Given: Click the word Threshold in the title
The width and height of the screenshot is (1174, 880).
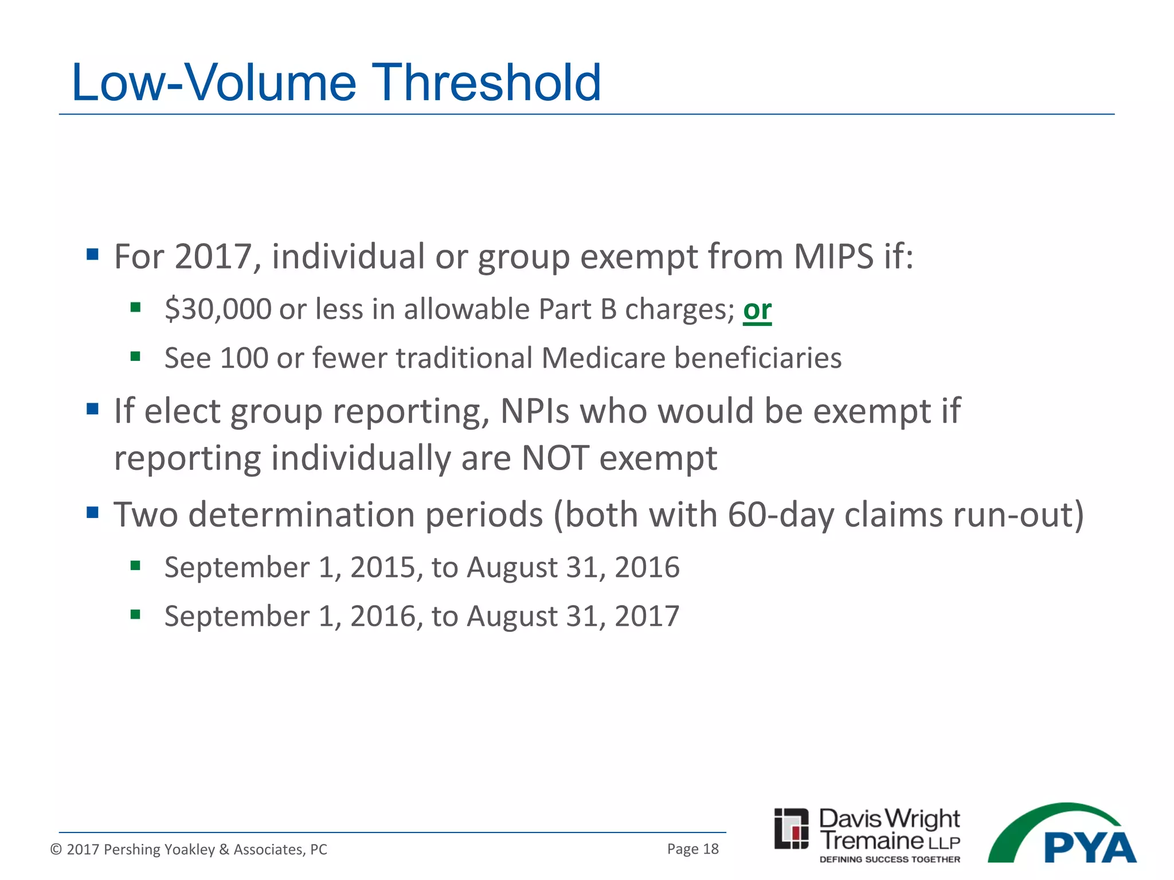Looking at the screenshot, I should [487, 84].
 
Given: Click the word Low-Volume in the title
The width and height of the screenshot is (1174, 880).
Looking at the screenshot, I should [213, 84].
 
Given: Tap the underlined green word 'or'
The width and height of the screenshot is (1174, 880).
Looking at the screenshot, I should [757, 310].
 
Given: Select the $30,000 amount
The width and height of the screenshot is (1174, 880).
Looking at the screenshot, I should [218, 309].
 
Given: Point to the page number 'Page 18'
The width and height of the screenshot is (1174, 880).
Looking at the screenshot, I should [692, 849].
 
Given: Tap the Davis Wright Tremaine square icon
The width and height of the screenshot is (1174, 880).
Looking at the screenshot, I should [791, 828].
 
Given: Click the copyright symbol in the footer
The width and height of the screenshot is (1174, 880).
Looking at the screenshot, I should [56, 849].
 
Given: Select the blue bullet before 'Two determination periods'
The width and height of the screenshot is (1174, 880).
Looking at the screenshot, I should [92, 512].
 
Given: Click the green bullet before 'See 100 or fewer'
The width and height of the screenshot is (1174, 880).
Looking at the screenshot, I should [135, 357].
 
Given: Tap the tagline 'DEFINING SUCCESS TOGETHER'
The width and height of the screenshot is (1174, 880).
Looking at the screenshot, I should [890, 859].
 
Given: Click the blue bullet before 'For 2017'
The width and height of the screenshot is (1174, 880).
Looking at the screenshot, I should [92, 254].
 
